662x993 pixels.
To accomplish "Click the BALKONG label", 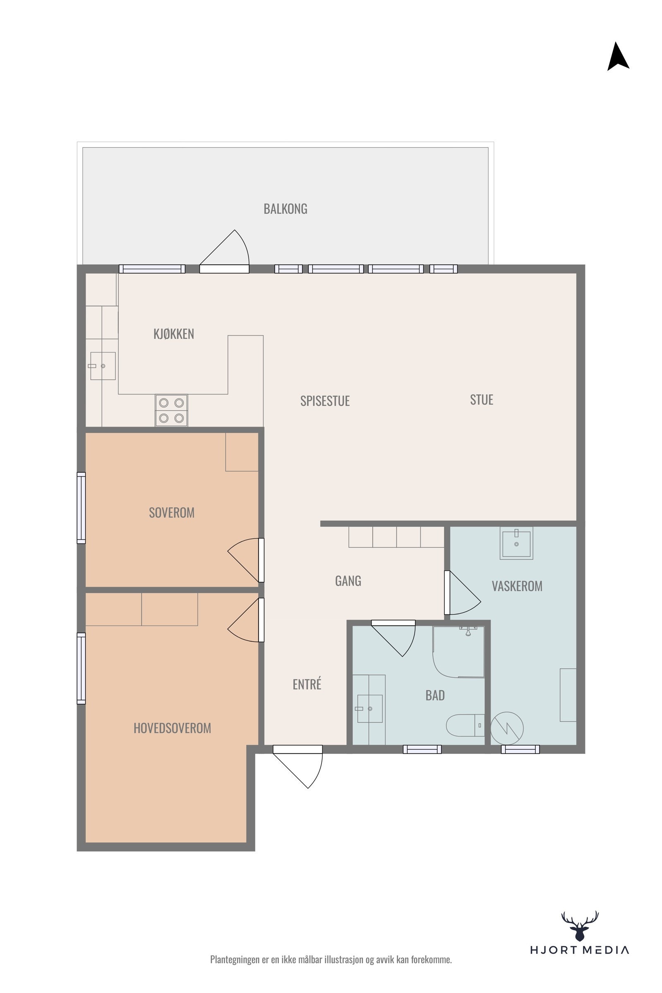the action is point(285,209).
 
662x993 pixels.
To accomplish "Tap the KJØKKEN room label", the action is point(173,333).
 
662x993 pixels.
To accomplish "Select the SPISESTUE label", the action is point(325,401).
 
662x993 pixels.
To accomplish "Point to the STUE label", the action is point(481,399).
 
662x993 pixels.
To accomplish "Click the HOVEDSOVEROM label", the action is point(172,728).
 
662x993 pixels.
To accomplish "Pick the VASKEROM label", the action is point(517,586).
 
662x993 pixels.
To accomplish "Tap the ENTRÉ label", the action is point(307,684).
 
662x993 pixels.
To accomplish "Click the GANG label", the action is point(348,581).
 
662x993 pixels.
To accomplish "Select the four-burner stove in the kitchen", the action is point(171,410).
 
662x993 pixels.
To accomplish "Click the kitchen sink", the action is point(103,366).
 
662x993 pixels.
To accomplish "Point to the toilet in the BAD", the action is point(465,725).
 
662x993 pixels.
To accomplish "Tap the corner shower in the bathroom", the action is point(458,652).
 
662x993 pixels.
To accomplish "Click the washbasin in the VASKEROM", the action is point(516,543).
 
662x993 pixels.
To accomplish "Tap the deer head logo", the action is point(580,927).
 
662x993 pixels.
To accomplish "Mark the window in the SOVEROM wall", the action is point(81,508).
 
